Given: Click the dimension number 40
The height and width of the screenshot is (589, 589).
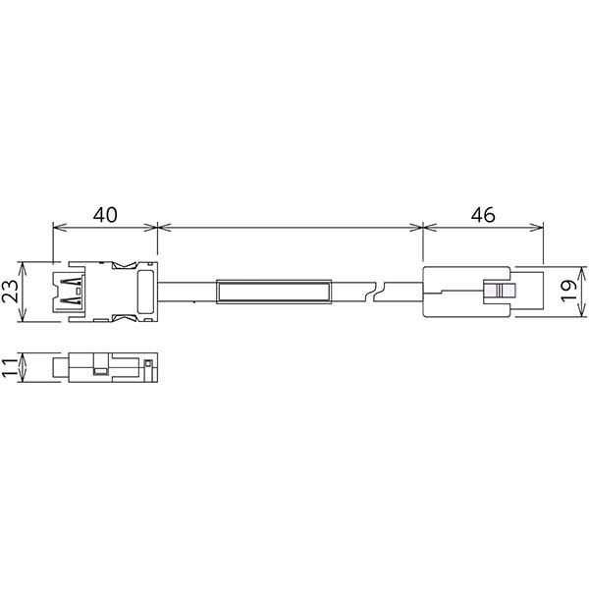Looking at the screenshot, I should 104,212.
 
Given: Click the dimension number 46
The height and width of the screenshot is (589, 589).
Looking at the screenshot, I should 482,212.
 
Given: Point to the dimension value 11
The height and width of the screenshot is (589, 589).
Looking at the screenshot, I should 12,369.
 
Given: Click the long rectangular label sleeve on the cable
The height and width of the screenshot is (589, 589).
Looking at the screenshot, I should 273,292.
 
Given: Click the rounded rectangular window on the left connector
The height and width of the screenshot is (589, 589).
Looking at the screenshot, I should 145,292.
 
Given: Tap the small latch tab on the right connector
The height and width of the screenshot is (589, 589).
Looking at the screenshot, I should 501,292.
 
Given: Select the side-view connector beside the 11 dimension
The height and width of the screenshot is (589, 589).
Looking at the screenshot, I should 106,369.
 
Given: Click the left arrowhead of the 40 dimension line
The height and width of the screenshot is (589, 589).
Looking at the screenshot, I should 56,228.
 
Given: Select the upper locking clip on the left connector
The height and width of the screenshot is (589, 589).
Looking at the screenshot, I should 125,265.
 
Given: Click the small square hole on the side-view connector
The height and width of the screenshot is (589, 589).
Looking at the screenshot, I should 99,371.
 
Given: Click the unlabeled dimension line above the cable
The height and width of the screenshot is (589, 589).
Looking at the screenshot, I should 290,228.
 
